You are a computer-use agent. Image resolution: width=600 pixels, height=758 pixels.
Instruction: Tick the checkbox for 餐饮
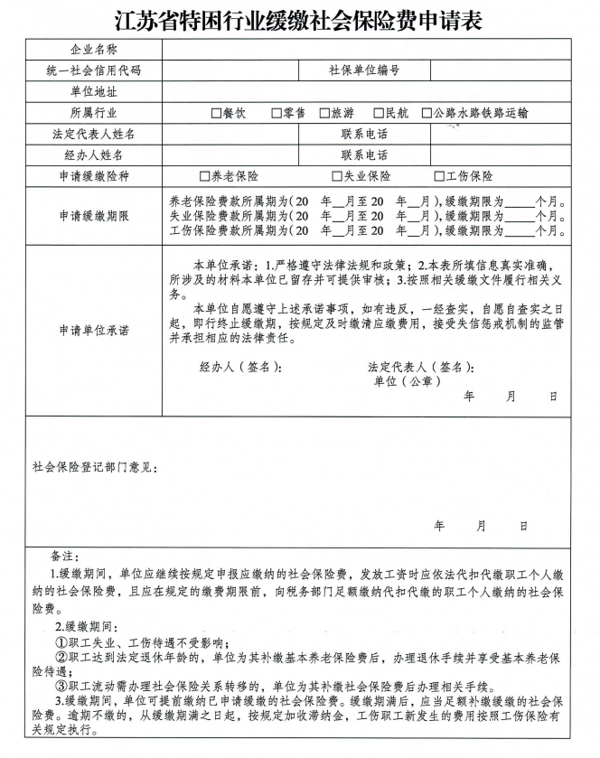click(x=216, y=113)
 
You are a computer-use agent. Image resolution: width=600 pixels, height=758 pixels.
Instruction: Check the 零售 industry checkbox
click(x=277, y=113)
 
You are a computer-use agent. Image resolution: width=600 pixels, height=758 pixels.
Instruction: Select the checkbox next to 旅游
click(x=323, y=113)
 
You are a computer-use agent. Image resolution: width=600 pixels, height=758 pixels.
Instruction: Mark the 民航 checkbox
click(x=378, y=113)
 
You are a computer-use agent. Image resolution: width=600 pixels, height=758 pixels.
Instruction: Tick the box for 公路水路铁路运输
click(x=427, y=113)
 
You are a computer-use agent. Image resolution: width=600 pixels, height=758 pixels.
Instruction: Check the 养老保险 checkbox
click(x=204, y=176)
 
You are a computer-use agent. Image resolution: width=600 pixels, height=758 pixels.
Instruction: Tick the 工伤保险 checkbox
click(x=439, y=176)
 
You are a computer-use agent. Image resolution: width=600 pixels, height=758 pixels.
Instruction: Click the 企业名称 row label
click(x=93, y=49)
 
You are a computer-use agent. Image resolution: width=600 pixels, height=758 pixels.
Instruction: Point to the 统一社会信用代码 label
click(x=93, y=70)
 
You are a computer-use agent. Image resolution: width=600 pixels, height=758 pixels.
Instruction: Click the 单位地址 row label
click(x=93, y=91)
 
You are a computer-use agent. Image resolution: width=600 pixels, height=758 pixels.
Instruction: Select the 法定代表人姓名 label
click(x=93, y=134)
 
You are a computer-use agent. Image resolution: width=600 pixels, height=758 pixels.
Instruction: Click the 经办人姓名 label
click(x=93, y=154)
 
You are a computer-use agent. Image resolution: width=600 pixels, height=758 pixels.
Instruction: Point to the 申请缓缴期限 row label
click(x=93, y=217)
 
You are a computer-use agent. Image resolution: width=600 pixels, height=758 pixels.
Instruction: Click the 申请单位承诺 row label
click(x=93, y=331)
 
